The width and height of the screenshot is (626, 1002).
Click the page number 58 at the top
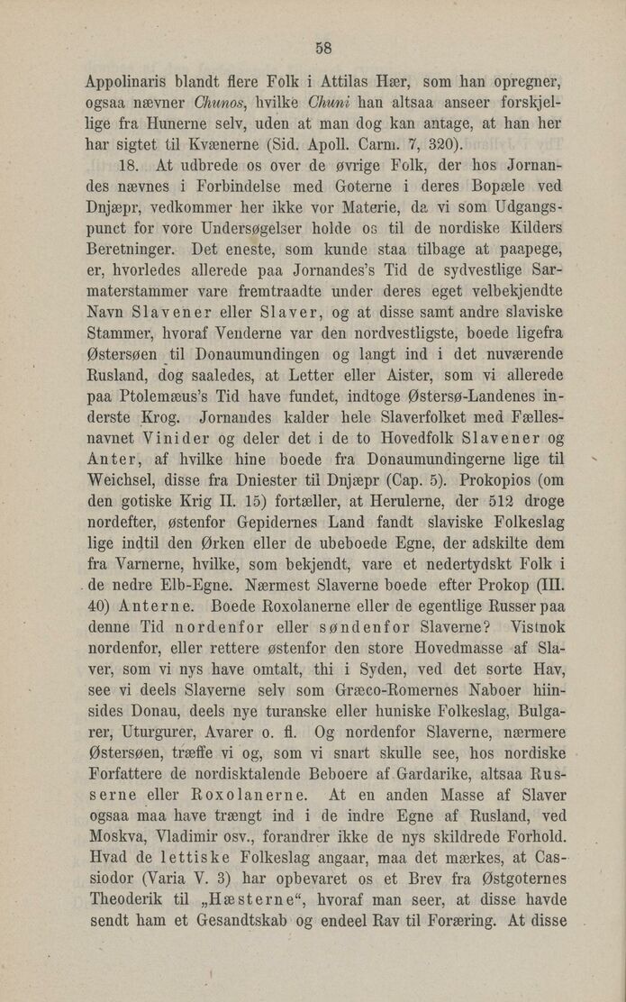[x=325, y=48]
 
